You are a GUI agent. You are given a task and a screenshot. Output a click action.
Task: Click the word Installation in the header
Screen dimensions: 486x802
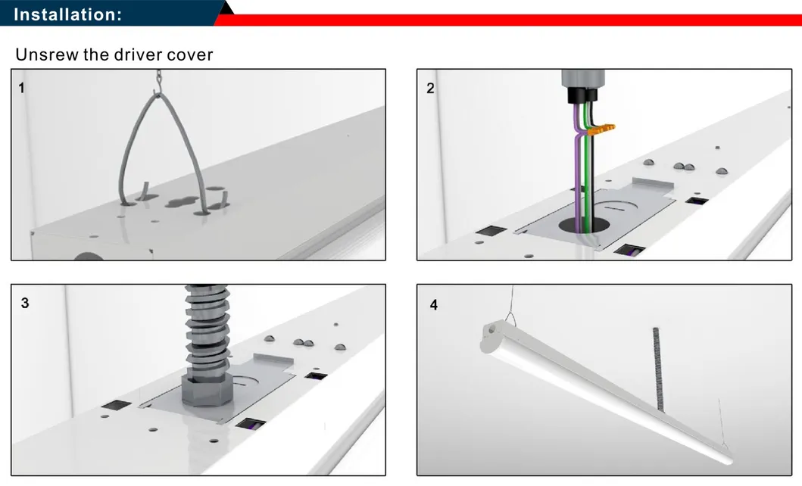(x=67, y=14)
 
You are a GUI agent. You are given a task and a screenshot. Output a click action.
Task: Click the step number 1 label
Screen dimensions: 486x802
(x=21, y=88)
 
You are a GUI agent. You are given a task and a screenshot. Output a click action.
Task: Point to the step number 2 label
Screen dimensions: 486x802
(x=430, y=88)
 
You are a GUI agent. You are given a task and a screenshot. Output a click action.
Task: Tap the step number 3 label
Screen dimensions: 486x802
(x=25, y=303)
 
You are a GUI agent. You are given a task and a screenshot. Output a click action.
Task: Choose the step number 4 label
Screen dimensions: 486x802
(x=433, y=306)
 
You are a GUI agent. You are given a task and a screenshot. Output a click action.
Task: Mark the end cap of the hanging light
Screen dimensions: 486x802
(x=492, y=333)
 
